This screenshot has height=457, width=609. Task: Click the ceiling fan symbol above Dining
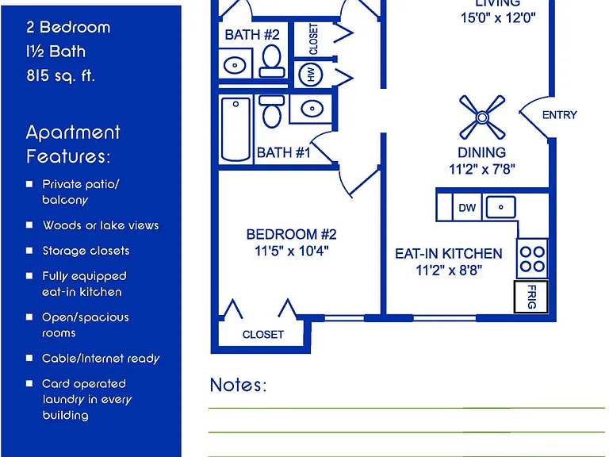coord(482,117)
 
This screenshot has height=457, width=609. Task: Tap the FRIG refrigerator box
coord(531,297)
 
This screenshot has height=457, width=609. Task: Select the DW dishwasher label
coord(467,208)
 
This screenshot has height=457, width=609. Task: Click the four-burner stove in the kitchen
coord(532,259)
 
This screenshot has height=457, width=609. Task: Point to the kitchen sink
coord(501,207)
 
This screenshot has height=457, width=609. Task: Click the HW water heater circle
coord(311,75)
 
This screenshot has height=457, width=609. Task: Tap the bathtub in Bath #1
coord(236,129)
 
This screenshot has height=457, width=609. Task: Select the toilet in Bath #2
coord(272,61)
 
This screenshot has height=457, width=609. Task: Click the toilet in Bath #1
coord(272,112)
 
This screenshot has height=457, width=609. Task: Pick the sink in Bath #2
coord(235,65)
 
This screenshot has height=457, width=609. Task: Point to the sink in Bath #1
coord(312,109)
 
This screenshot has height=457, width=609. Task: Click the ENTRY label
coord(560,115)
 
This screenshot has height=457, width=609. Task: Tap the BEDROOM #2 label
coord(291,234)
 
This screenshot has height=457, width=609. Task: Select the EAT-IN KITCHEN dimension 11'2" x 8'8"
coord(449,270)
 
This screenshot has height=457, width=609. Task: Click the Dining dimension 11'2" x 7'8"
coord(482,170)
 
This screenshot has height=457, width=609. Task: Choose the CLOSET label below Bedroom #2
coord(263,335)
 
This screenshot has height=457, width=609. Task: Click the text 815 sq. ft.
coord(61,76)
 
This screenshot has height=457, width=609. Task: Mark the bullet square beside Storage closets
coord(29,251)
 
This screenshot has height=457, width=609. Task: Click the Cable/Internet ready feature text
coord(101,359)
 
